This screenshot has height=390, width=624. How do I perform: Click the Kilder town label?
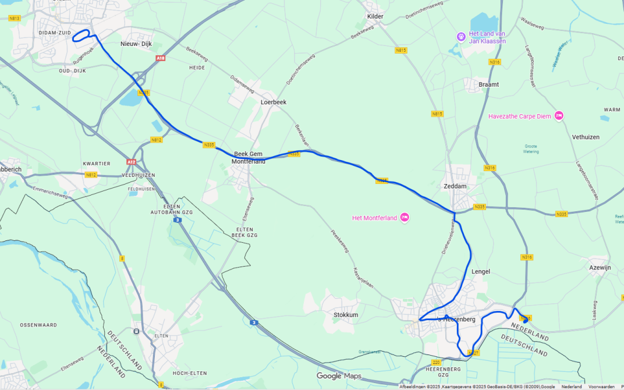tap(375, 16)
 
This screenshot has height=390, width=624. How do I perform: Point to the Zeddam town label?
tap(455, 186)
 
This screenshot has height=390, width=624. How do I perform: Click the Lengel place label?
tap(480, 271)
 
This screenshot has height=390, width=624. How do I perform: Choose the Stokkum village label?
tap(346, 315)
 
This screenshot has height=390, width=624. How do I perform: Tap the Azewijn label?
tap(600, 267)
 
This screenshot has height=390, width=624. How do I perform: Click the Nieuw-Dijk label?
tap(136, 44)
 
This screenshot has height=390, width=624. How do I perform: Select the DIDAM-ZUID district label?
tap(54, 33)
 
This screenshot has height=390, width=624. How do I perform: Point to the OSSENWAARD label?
tap(37, 324)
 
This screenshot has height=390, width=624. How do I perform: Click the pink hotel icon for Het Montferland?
tap(405, 218)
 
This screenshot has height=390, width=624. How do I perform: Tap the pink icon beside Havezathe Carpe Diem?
tap(559, 115)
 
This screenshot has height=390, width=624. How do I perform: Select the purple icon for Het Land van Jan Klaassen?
tap(461, 37)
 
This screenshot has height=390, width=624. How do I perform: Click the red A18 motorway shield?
tap(161, 58)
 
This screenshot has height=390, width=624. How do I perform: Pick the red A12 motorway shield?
tap(132, 162)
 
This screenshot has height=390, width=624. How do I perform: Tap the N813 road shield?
tap(15, 19)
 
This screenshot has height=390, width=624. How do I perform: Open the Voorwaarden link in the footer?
tap(601, 387)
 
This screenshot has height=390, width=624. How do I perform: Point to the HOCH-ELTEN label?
tap(187, 373)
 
